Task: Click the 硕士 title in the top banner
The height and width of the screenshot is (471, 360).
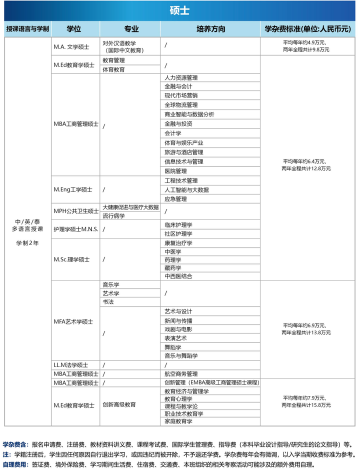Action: coord(179,11)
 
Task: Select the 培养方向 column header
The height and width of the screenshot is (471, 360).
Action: coord(210,29)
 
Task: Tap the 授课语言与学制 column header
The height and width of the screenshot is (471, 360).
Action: coord(27,29)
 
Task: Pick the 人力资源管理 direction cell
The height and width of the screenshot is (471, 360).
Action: coord(181,77)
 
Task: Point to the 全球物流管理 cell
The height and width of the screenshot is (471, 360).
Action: coord(181,105)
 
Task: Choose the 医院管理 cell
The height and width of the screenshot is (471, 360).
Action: coord(175,171)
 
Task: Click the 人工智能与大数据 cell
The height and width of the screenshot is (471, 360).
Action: coord(186,189)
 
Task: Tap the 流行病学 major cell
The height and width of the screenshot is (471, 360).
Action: coord(113,216)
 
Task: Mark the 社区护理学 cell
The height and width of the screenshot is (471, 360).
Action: coord(178,234)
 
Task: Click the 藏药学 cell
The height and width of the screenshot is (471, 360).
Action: coord(172,267)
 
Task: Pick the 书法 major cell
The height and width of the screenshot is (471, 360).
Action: coord(108,302)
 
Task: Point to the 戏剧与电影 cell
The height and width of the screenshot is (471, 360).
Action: coord(178,329)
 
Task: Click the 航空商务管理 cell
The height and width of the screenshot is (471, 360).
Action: coord(181,373)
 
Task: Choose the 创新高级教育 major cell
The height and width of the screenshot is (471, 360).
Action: coord(119,404)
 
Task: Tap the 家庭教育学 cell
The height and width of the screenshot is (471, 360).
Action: coord(178,421)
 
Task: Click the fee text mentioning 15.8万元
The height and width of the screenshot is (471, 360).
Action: coord(305,406)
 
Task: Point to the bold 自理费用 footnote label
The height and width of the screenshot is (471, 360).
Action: coord(15,464)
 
